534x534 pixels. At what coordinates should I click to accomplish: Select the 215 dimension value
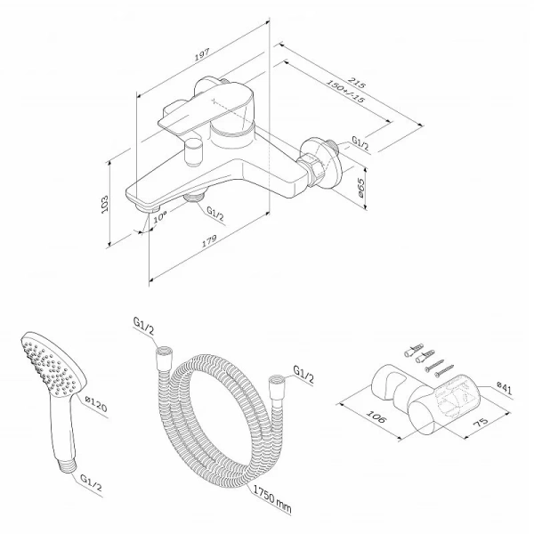point(357,83)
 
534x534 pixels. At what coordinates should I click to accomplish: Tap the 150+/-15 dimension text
point(345,91)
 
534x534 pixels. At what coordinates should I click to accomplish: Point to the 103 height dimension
point(105,205)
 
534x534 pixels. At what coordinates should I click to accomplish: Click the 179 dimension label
point(209,240)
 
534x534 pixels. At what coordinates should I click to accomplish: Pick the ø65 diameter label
point(360,188)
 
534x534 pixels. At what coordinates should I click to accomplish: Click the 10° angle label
point(159,216)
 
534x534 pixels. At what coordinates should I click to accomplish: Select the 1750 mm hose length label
point(272,498)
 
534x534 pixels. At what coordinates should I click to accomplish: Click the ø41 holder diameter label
point(504,387)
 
